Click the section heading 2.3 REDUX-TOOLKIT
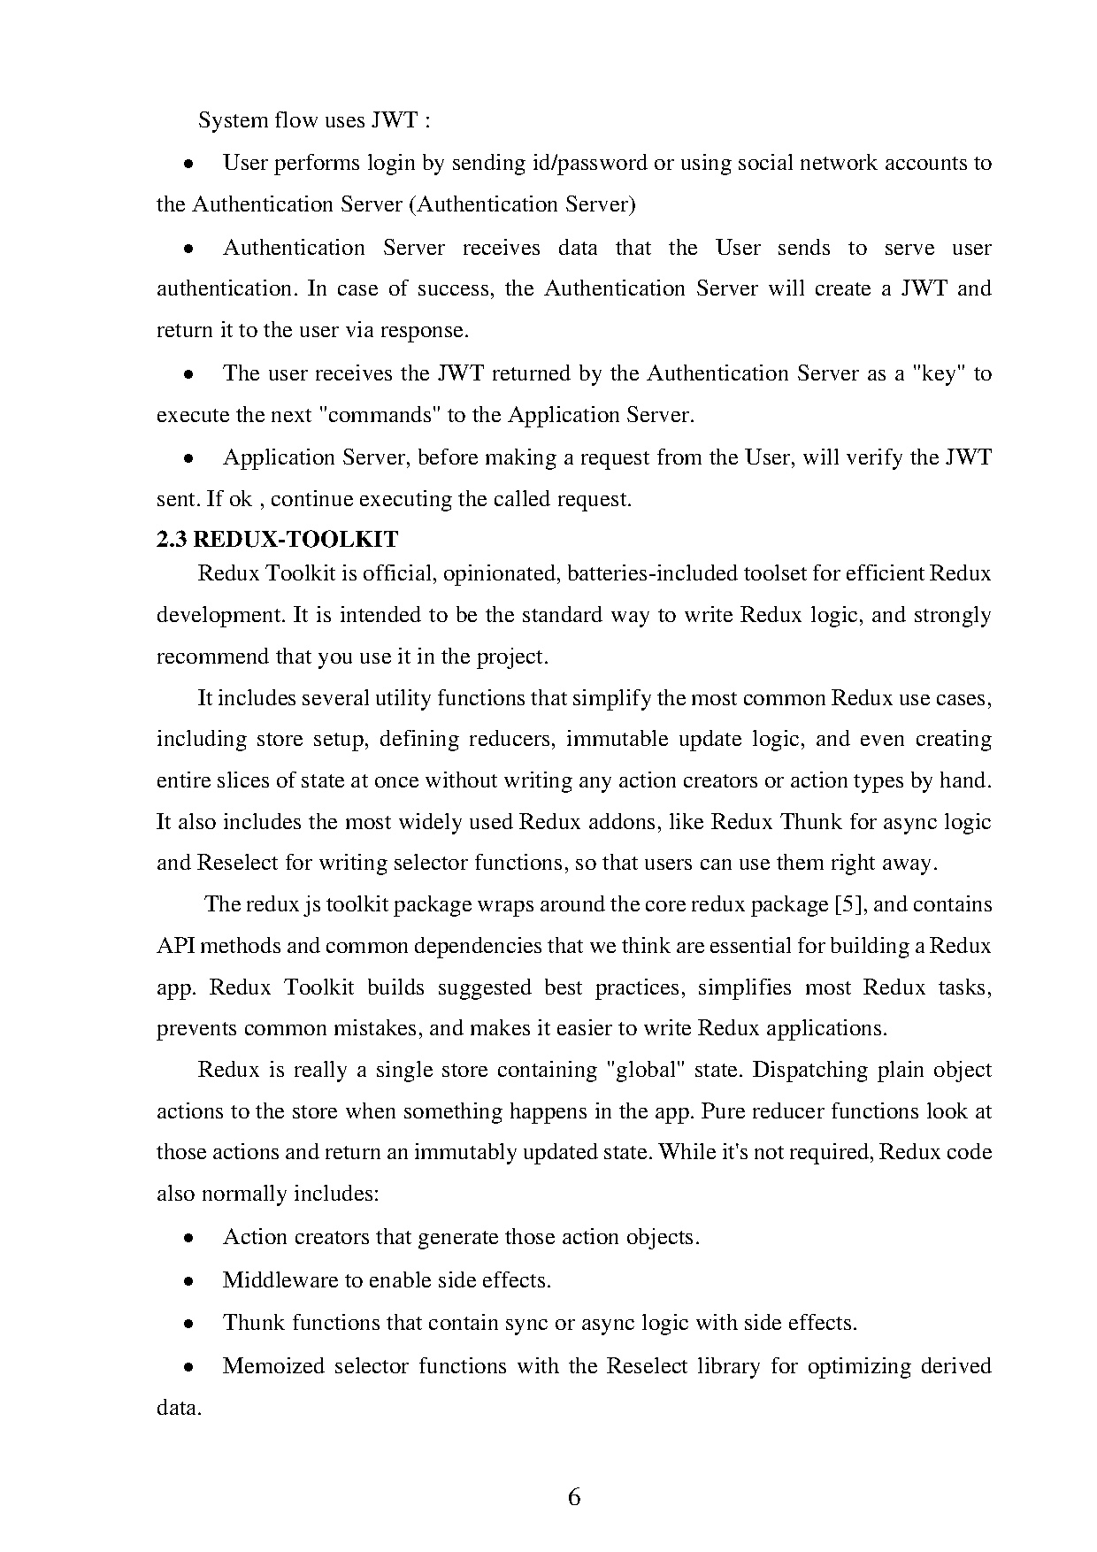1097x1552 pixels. [277, 539]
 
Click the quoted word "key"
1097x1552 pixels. [939, 373]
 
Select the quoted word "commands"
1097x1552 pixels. [379, 415]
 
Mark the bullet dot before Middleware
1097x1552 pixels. [188, 1280]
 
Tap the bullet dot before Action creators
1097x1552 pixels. [188, 1238]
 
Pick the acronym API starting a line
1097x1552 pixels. [175, 946]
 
